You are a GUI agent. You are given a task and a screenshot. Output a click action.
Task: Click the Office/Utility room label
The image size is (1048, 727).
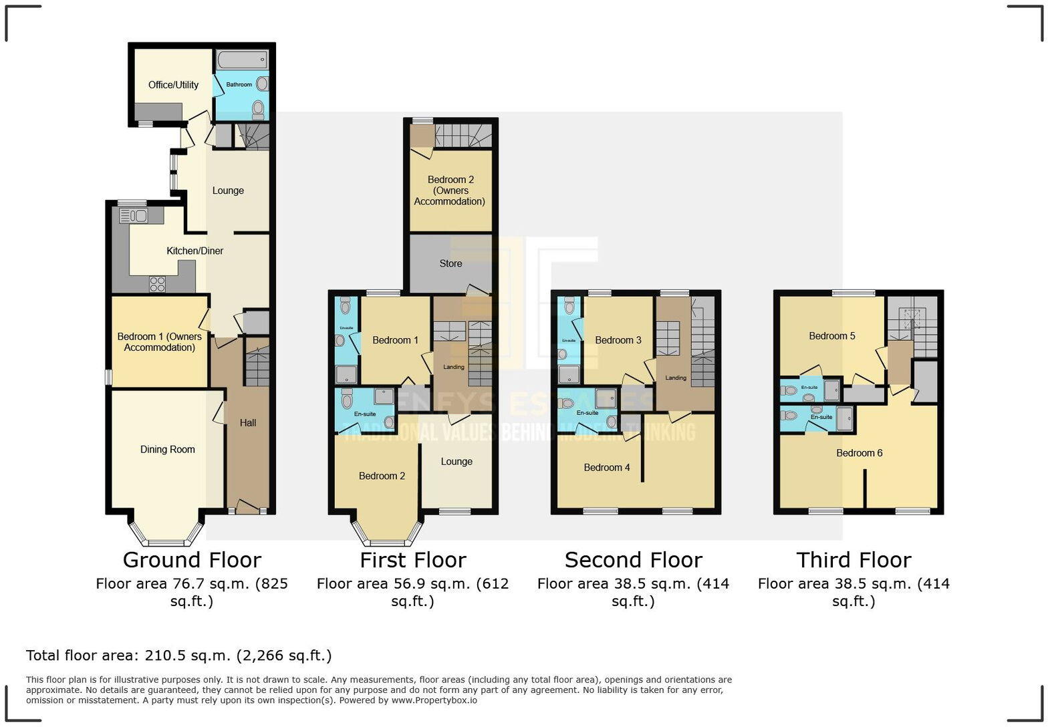click(173, 85)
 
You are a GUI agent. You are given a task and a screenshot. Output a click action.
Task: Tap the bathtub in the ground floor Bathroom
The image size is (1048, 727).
click(242, 60)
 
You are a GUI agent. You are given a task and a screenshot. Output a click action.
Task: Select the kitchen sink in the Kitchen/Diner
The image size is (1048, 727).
click(133, 215)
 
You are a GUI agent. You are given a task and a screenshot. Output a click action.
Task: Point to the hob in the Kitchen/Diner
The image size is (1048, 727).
click(157, 284)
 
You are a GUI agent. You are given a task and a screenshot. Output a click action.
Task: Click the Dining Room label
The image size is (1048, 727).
click(167, 450)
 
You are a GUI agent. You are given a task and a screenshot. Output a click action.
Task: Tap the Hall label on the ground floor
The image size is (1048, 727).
click(248, 423)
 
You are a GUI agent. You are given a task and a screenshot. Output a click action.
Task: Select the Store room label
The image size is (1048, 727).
click(450, 264)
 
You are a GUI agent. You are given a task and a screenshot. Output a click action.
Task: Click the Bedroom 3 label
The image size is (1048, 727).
click(618, 340)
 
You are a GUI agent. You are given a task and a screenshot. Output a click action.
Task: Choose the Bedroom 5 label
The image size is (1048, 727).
click(831, 336)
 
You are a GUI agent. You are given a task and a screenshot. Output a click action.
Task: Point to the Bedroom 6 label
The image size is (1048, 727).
click(859, 453)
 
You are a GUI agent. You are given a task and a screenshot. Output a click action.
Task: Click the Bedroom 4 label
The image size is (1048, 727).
click(606, 468)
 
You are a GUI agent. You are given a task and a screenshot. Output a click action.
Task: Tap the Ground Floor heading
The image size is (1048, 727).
click(192, 560)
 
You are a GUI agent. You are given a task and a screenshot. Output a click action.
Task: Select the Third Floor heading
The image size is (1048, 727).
click(854, 560)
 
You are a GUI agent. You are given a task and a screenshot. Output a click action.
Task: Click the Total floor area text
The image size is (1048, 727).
click(178, 656)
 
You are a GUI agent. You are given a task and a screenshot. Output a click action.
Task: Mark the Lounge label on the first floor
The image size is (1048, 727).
click(456, 462)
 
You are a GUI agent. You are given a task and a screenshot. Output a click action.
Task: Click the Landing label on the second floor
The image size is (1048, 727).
click(675, 378)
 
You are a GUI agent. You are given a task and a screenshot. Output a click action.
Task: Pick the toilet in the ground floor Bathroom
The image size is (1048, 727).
click(258, 109)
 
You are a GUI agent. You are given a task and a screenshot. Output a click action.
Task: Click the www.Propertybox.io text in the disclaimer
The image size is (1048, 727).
click(434, 700)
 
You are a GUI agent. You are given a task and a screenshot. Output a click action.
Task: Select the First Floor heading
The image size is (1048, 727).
click(412, 560)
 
